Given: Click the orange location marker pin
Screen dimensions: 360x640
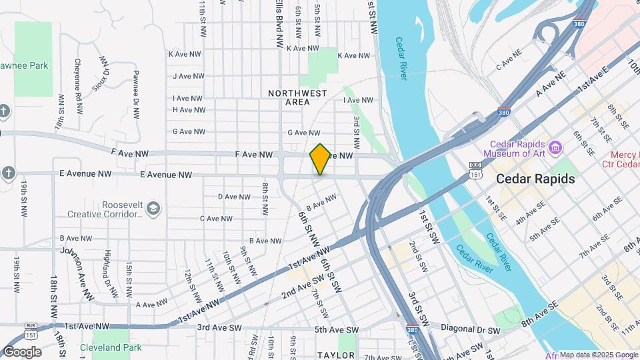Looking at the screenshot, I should [320, 159].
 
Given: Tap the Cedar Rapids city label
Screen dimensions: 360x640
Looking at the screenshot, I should [535, 179].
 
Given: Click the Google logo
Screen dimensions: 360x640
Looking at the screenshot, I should [22, 352].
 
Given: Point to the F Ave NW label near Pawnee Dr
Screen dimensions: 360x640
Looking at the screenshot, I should [130, 153].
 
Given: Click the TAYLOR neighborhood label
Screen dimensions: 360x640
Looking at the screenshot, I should [336, 355].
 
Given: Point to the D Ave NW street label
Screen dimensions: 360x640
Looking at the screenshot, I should [234, 197].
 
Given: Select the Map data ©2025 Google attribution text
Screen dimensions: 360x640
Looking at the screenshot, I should [599, 355].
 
